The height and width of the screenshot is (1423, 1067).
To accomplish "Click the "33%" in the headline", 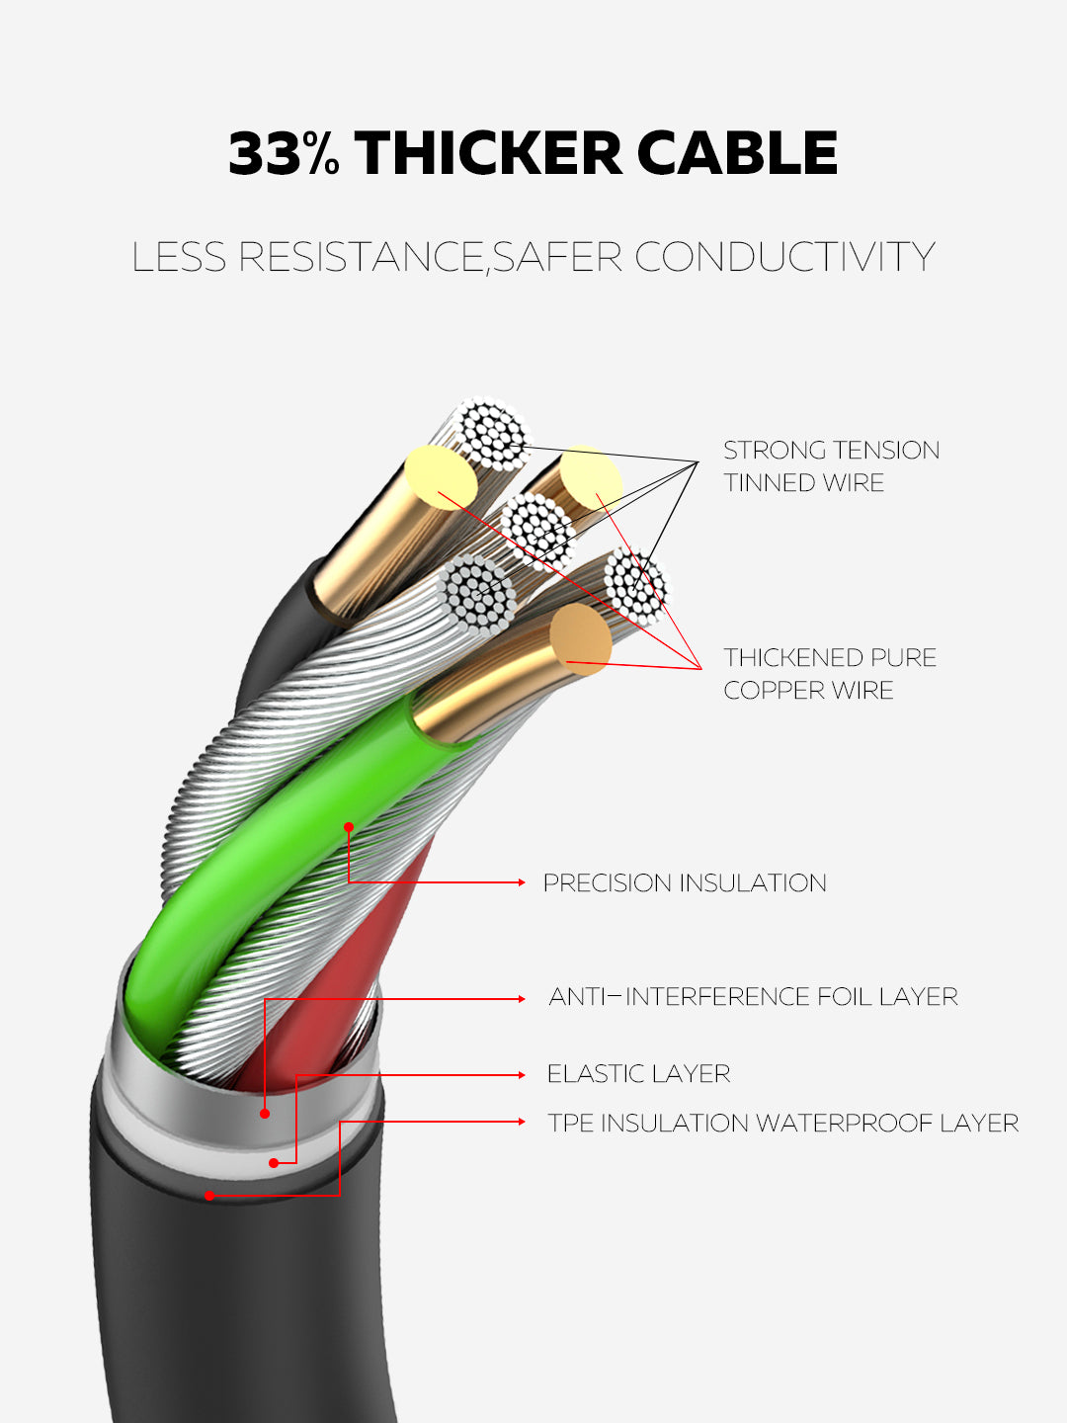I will (x=284, y=154).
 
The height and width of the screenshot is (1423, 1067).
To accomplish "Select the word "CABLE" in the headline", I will (x=737, y=154).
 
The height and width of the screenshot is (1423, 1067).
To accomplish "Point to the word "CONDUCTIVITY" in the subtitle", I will (x=784, y=257).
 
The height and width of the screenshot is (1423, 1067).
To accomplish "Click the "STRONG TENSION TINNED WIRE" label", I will (x=831, y=466).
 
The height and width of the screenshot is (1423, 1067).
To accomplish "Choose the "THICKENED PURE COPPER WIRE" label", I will (x=830, y=674).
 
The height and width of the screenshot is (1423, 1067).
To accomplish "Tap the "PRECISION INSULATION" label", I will (x=685, y=882).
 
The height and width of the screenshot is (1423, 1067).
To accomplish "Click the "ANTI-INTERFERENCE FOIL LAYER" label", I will (x=753, y=997).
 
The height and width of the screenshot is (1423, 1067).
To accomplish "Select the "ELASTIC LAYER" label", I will (x=638, y=1074).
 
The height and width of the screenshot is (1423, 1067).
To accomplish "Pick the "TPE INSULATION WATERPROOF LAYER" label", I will (x=783, y=1124).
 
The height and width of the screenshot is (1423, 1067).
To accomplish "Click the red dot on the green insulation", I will (x=349, y=826).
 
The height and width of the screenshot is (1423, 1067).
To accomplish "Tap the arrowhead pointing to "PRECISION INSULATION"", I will (x=521, y=881).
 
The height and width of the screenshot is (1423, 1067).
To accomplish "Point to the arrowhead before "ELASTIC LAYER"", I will (x=521, y=1075).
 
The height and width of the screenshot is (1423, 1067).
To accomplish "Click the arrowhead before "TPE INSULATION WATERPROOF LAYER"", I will (x=521, y=1122).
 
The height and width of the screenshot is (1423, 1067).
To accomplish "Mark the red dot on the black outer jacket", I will (x=209, y=1196).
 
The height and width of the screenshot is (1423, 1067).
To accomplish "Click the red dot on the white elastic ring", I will (x=275, y=1163).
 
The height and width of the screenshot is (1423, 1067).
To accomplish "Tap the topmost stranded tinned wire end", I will (x=494, y=433).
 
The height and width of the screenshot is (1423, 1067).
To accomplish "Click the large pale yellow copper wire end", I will (x=441, y=472).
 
